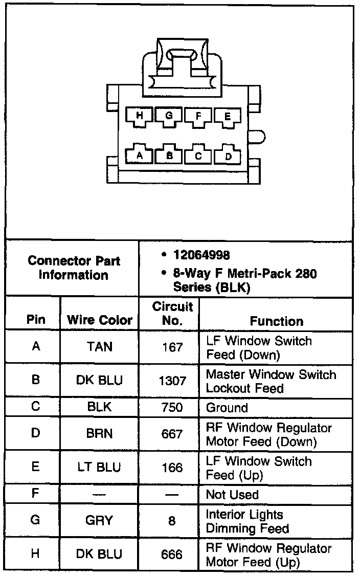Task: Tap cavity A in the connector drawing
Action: click(140, 155)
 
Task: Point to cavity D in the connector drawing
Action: click(228, 155)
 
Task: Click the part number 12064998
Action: click(201, 255)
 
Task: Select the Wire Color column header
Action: click(100, 321)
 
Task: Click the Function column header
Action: click(276, 321)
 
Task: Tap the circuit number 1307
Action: click(172, 381)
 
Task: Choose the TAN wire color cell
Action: click(100, 347)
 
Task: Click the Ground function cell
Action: click(227, 408)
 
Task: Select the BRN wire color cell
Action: click(100, 434)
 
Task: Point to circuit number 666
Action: click(172, 555)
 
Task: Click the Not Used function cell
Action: click(232, 495)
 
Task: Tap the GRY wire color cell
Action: click(100, 521)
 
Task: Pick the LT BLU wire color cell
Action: click(100, 468)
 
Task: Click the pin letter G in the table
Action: click(35, 521)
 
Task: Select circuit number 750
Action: click(172, 408)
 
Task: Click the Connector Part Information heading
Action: click(74, 268)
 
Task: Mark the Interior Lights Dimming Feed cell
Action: click(247, 521)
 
